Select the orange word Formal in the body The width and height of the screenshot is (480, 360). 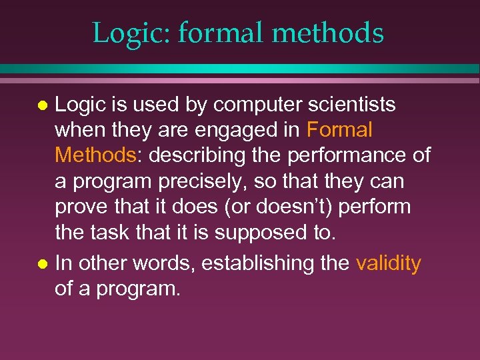pyautogui.click(x=339, y=130)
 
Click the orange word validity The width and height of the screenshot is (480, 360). pyautogui.click(x=388, y=263)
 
